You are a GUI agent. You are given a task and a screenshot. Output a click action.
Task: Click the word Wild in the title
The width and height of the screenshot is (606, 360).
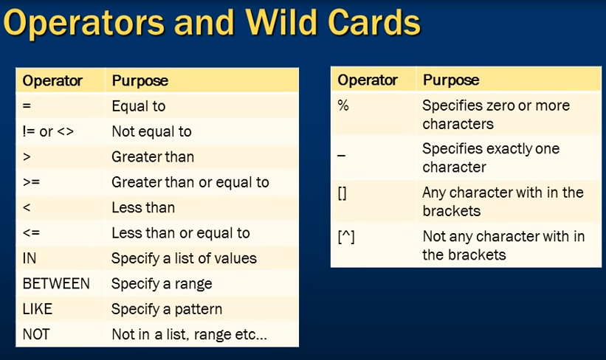[281, 22]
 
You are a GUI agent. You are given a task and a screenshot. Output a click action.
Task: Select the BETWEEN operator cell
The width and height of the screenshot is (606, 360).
[56, 283]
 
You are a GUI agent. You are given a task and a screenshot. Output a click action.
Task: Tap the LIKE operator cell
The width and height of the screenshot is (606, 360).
[38, 309]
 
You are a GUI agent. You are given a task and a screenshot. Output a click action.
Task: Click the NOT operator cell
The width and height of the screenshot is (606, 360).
[36, 334]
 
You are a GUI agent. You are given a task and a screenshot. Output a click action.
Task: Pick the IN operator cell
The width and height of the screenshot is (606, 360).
[30, 258]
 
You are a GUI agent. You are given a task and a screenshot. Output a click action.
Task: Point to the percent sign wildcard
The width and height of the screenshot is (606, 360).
[343, 105]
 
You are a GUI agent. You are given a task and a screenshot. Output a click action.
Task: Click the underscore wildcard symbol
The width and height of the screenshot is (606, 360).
[341, 156]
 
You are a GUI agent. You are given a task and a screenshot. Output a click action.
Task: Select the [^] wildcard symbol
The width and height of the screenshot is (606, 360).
[346, 237]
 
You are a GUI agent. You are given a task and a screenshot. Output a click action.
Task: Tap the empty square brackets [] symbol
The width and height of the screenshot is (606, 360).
[342, 193]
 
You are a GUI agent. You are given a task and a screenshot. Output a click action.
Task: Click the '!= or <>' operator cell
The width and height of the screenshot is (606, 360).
[48, 132]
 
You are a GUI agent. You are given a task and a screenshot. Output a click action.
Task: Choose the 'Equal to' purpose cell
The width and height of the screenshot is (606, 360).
[139, 106]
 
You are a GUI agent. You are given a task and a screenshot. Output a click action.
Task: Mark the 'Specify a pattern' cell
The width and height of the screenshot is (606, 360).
[167, 309]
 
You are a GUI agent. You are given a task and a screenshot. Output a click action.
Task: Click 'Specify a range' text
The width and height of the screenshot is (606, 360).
[162, 284]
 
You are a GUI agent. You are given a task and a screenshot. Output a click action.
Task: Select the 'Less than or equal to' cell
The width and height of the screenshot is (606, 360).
[181, 233]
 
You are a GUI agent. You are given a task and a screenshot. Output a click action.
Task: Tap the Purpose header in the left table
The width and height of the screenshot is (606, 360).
[140, 81]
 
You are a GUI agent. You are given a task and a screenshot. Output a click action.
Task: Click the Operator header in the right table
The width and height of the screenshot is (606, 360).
[368, 80]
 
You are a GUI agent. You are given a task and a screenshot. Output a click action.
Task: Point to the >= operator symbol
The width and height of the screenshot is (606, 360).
[31, 182]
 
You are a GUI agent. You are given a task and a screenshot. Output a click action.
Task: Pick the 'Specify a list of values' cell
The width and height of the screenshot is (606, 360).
[184, 259]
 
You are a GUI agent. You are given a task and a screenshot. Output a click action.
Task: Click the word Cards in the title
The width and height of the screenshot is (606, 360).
[374, 22]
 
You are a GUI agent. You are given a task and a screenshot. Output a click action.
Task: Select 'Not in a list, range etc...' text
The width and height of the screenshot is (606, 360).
[190, 334]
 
